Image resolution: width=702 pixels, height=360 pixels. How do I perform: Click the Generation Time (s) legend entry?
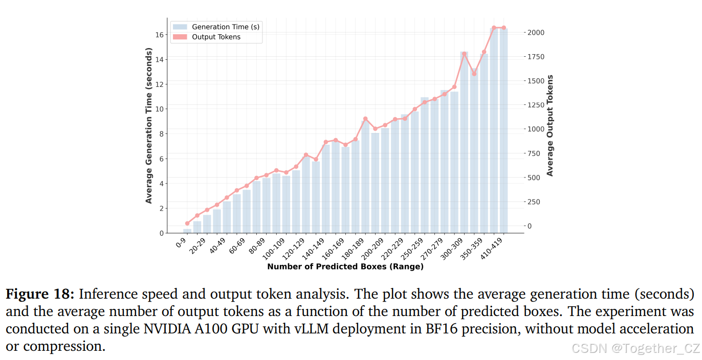pyautogui.click(x=225, y=27)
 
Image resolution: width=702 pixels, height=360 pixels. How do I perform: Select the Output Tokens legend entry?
pyautogui.click(x=215, y=37)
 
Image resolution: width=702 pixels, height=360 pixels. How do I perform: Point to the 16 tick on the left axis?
pyautogui.click(x=159, y=35)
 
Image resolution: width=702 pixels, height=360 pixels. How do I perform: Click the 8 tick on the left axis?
pyautogui.click(x=161, y=134)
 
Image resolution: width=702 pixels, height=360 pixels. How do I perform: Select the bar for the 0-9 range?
pyautogui.click(x=187, y=231)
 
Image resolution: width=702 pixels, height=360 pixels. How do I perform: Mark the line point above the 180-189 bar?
pyautogui.click(x=365, y=119)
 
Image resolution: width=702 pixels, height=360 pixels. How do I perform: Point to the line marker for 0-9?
pyautogui.click(x=187, y=223)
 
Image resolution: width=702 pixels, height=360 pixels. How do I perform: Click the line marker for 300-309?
pyautogui.click(x=464, y=54)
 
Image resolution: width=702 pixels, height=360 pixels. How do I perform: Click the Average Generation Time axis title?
pyautogui.click(x=149, y=126)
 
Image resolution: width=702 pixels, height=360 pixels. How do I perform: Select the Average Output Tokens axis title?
pyautogui.click(x=550, y=126)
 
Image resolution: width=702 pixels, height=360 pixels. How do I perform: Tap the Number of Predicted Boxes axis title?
pyautogui.click(x=345, y=266)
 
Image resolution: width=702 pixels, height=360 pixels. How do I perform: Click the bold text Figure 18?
pyautogui.click(x=40, y=294)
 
